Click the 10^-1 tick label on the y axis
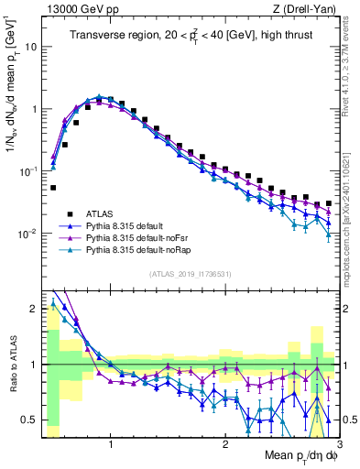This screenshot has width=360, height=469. point(31,171)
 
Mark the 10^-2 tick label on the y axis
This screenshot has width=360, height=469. point(31,234)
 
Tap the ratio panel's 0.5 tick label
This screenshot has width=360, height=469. point(32,420)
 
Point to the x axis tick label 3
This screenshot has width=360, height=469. point(339,445)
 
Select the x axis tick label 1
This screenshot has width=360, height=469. point(111,445)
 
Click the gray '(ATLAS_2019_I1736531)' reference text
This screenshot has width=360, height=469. point(191,275)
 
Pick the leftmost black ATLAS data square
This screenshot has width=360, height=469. point(53,187)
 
